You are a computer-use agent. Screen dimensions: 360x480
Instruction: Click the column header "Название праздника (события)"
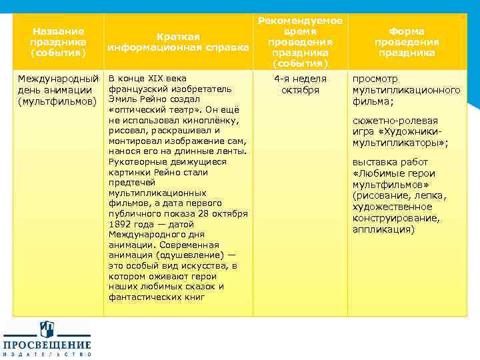click(58, 41)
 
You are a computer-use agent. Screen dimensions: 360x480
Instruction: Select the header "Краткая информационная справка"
click(178, 41)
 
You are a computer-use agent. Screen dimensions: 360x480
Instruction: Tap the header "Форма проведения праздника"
click(406, 41)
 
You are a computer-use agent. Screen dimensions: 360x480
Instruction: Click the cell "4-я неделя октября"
click(300, 84)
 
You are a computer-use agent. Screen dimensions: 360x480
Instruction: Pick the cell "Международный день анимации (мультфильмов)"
click(58, 89)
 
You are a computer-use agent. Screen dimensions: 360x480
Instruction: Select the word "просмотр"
click(375, 78)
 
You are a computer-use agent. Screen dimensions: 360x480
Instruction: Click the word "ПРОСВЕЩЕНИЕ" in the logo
click(47, 345)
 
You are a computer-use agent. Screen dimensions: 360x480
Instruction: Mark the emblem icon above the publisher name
click(47, 329)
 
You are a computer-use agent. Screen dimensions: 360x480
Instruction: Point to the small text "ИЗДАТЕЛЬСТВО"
click(47, 355)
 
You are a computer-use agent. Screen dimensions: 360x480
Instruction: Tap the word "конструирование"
click(395, 218)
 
